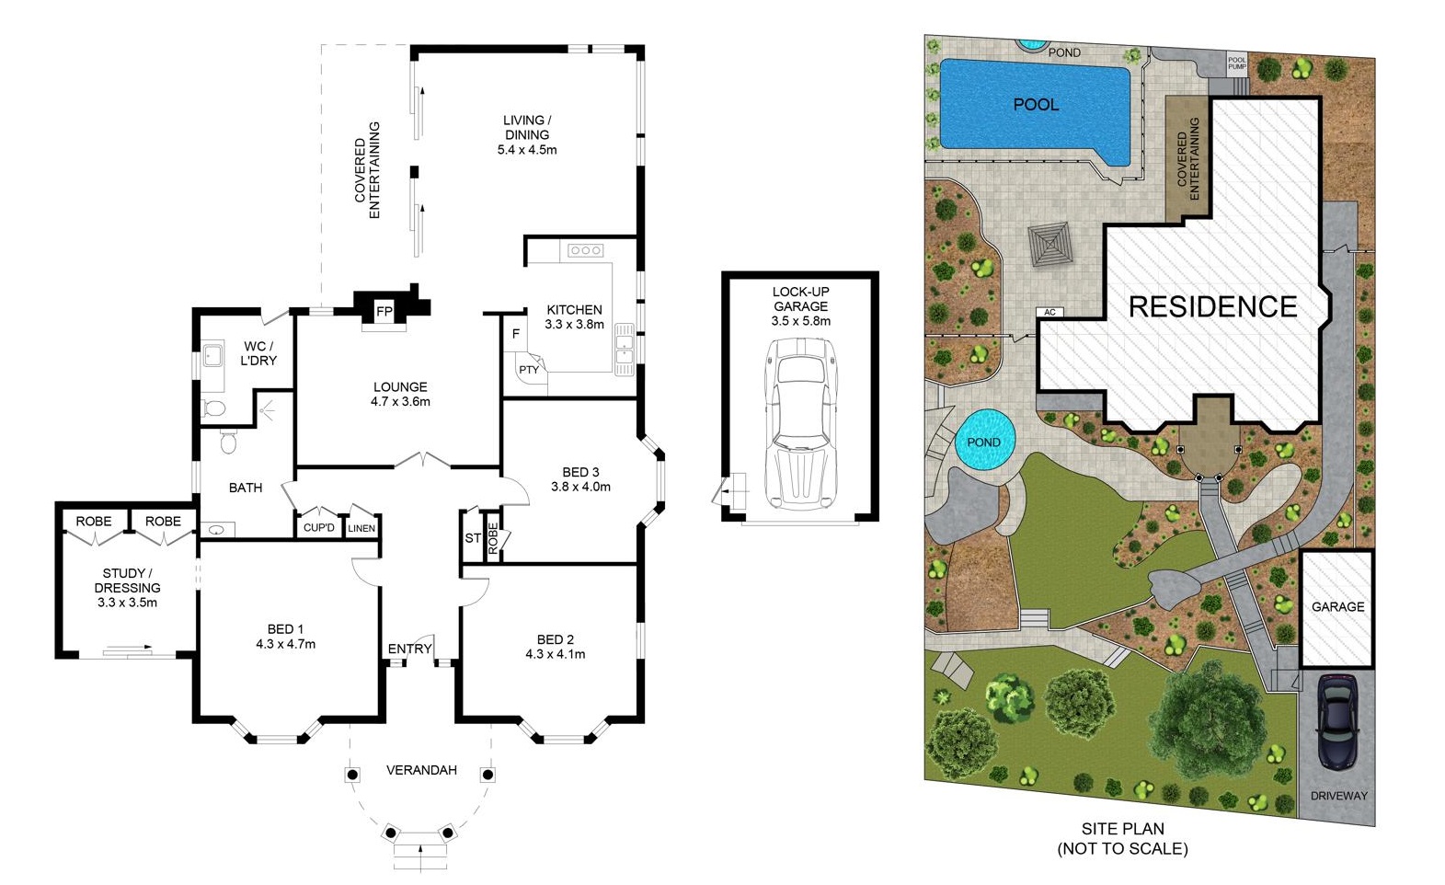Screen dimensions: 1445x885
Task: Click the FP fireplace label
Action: coord(384,312)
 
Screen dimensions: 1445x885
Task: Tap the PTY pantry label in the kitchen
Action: coord(528,370)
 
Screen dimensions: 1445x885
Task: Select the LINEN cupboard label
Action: coord(361,528)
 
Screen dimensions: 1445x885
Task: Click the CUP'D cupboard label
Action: coord(318,528)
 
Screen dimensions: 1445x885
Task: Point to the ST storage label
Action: coord(472,538)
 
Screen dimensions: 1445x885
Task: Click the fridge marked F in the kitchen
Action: coord(515,334)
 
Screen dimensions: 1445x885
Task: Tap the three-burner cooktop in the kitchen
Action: coord(585,250)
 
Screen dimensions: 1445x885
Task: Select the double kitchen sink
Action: coord(624,349)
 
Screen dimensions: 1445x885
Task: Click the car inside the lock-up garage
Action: coord(800,424)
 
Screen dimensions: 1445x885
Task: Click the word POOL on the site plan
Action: coord(1036,105)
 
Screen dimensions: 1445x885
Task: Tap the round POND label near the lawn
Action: coord(984,442)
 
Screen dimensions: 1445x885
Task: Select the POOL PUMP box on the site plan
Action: coord(1236,63)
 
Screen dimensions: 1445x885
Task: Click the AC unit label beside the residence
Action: coord(1049,312)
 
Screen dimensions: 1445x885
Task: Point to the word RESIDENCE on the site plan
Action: coord(1213,306)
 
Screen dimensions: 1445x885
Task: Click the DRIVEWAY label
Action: coord(1338,796)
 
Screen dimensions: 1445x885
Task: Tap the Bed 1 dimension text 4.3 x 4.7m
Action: coord(286,644)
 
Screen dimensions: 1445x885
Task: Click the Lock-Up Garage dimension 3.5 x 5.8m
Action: coord(800,320)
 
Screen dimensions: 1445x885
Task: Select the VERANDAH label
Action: coord(421,769)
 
